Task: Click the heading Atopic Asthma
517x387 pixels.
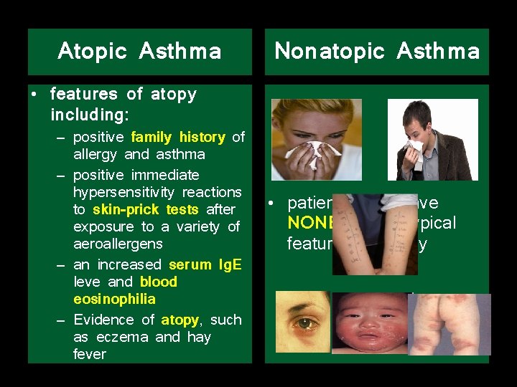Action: pos(139,52)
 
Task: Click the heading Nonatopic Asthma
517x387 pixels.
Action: pos(377,52)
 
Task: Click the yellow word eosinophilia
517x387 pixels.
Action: pos(114,299)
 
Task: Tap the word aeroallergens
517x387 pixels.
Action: pos(118,244)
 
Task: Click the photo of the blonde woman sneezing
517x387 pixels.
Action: pos(316,139)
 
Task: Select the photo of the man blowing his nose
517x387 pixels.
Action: pos(433,139)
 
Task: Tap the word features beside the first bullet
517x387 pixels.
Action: pos(84,94)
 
